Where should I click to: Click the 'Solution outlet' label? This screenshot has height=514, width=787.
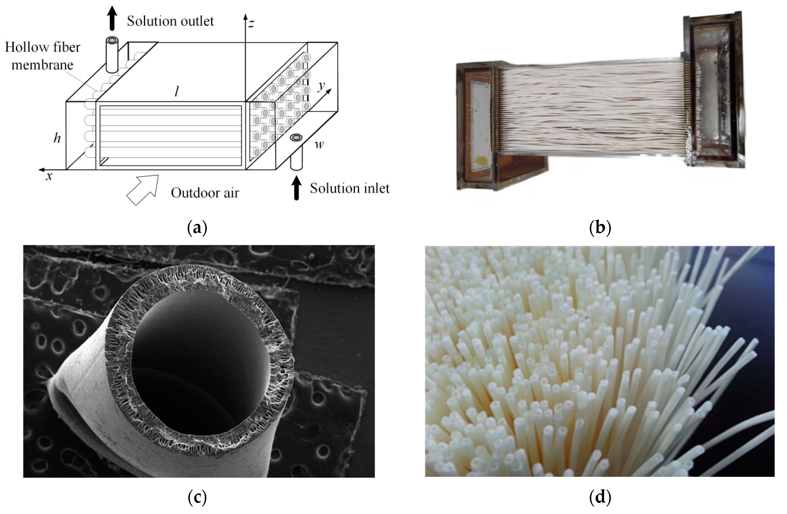[170, 21]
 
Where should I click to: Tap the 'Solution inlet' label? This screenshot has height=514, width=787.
[350, 188]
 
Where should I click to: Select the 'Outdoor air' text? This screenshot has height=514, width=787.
[205, 193]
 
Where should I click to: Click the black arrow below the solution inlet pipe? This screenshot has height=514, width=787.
[297, 188]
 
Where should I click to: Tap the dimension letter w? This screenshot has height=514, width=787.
[319, 144]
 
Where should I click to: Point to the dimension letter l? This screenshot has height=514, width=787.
[177, 92]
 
